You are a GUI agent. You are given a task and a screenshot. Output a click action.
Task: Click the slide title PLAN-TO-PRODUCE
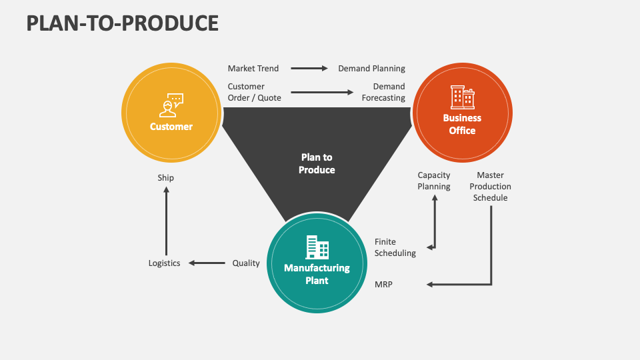tap(123, 23)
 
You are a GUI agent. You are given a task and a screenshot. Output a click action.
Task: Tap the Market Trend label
tap(253, 68)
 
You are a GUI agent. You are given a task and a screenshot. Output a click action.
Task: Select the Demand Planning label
tap(371, 68)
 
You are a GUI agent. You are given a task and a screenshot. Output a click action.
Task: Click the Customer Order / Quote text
tap(254, 92)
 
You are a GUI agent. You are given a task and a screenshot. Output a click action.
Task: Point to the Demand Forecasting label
tap(383, 92)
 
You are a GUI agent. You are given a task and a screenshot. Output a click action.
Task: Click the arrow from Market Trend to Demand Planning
tap(309, 68)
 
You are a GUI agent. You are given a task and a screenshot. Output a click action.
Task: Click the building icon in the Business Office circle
tap(462, 97)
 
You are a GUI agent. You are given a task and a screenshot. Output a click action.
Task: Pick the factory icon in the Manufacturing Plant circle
tap(317, 247)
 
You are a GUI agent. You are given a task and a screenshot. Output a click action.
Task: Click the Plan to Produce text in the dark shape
tap(317, 163)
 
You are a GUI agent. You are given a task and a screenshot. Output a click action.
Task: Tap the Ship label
tap(166, 178)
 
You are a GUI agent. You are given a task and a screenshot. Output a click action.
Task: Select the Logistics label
tap(164, 263)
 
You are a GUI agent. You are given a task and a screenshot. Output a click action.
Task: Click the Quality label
tap(246, 263)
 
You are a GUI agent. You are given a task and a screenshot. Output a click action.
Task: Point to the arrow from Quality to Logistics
tap(207, 263)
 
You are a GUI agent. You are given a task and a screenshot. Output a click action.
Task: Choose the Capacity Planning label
tap(434, 181)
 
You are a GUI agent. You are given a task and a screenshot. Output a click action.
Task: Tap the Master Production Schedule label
tap(490, 187)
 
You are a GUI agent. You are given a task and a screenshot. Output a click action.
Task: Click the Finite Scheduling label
tap(395, 247)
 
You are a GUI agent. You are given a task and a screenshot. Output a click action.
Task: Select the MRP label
tap(383, 285)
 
